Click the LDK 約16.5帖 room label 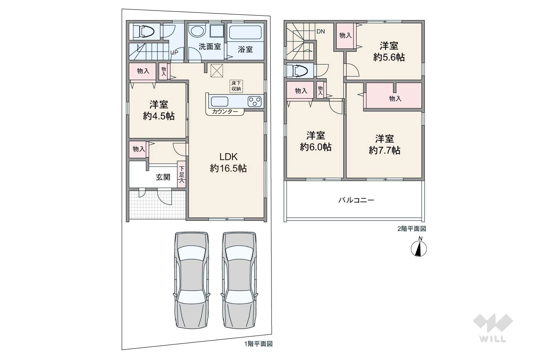click(228, 163)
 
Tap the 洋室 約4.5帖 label click(158, 110)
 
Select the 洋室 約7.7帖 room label click(384, 145)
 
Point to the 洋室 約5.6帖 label click(389, 51)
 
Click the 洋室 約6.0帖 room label click(316, 141)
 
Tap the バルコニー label click(356, 200)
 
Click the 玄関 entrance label click(163, 177)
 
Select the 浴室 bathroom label click(245, 49)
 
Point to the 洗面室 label click(210, 46)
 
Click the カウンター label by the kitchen click(225, 112)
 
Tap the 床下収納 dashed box click(236, 86)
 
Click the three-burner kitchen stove click(255, 101)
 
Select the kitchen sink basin click(220, 102)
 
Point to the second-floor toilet click(298, 71)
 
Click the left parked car click(192, 280)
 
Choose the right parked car click(239, 280)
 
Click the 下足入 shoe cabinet click(182, 174)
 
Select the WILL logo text click(493, 339)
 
